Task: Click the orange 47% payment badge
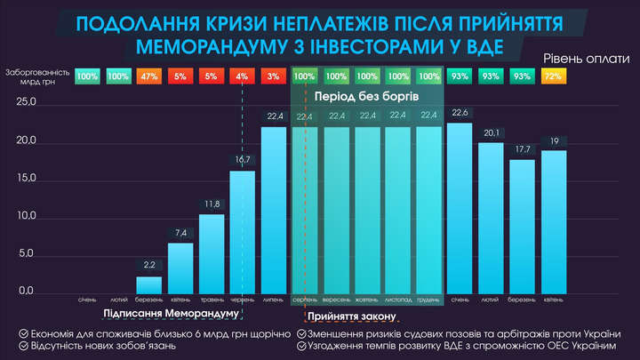coord(149,77)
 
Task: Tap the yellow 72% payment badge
coord(554,77)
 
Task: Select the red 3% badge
coord(274,77)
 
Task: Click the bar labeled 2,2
coord(149,284)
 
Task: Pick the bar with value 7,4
coord(180,268)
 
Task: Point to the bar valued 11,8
coord(212,253)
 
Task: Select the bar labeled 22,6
coord(460,208)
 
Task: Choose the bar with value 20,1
coord(492,218)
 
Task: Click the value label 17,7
coord(523,149)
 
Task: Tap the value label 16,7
coord(243,159)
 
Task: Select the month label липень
coord(274,299)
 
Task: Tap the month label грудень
coord(429,299)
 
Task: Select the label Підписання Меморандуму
coord(172,314)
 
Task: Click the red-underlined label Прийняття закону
coord(352,316)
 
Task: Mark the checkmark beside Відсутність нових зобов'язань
coord(21,345)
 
